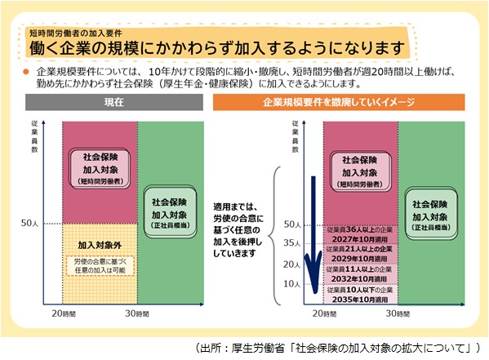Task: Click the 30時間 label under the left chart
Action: [136, 313]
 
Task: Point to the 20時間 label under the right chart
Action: [323, 313]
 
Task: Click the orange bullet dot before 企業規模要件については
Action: [25, 73]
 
